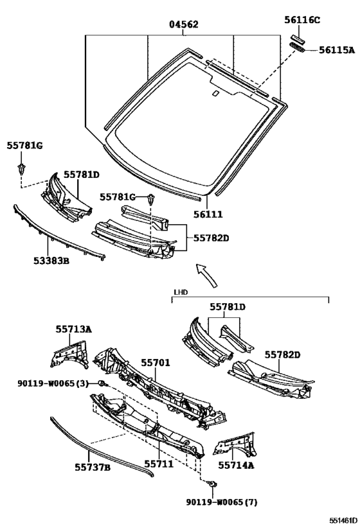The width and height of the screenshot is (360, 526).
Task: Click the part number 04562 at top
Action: [x=183, y=24]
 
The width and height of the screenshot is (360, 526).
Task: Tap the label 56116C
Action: [x=302, y=20]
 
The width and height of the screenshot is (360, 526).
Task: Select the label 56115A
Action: [x=336, y=50]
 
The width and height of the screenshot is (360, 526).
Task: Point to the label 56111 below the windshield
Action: [x=208, y=214]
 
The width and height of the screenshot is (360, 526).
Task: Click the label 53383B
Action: [x=51, y=260]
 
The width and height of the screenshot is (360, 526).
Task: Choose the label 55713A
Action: [x=73, y=329]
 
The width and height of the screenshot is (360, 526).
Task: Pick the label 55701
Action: [x=156, y=363]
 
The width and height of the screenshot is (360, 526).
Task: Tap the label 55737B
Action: [x=93, y=467]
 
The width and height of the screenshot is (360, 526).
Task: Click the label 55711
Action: [x=159, y=464]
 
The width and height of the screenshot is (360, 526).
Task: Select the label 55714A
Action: [x=236, y=465]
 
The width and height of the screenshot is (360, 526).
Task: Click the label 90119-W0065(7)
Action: [x=222, y=502]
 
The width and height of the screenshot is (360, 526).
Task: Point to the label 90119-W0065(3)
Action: [x=53, y=383]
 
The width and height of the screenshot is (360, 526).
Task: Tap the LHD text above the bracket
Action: [x=181, y=292]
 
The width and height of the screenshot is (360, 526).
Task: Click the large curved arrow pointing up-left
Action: [x=207, y=274]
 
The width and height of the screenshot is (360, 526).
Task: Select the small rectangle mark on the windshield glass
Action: [x=215, y=94]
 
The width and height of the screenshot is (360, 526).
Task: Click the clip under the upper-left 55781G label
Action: [x=21, y=170]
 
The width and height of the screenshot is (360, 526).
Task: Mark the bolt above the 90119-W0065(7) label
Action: [x=212, y=484]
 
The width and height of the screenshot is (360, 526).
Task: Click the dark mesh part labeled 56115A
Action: [x=298, y=48]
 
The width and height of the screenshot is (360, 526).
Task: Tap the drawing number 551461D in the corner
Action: [x=343, y=520]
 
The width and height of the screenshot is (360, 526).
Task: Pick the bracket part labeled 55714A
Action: [x=235, y=445]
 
